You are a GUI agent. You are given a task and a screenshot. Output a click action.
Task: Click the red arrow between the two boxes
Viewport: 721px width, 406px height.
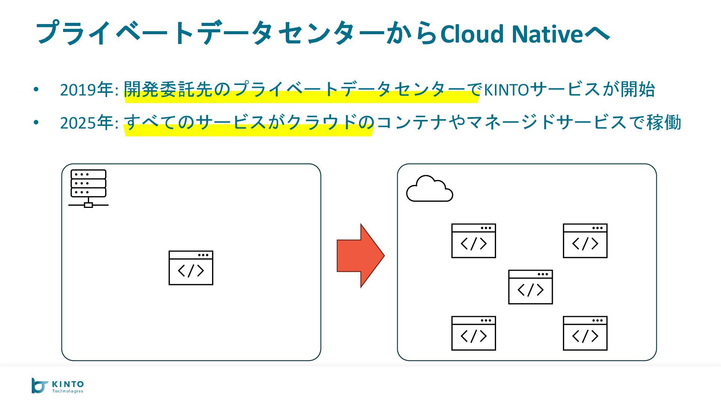(360, 256)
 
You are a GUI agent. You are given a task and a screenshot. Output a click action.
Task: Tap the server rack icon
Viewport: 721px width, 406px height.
(88, 188)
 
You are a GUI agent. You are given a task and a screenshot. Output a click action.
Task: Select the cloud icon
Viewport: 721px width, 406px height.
(430, 189)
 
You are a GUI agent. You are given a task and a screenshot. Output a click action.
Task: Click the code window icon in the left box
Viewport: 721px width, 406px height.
(191, 268)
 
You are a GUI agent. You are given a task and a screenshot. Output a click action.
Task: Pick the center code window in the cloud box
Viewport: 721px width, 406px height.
(530, 287)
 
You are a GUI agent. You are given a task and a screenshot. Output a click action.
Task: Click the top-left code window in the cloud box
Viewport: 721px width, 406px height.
(474, 241)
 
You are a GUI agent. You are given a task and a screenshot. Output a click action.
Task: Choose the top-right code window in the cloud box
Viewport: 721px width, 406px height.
(585, 241)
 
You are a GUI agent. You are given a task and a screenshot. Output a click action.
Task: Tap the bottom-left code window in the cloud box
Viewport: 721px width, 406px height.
(474, 333)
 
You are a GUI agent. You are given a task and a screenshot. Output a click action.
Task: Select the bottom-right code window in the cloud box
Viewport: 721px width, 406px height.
(585, 333)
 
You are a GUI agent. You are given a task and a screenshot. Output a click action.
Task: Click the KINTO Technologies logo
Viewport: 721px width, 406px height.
(57, 386)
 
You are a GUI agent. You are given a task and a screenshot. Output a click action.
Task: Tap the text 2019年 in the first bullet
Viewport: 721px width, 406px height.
(89, 89)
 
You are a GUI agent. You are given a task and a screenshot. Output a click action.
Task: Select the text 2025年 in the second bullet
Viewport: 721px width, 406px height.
(89, 123)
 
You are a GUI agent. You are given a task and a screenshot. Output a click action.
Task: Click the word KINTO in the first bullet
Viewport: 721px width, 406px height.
(506, 90)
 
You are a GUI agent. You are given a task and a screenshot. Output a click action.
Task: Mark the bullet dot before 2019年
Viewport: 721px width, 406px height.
(36, 89)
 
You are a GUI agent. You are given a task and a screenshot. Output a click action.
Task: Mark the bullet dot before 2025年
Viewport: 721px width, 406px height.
(36, 123)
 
